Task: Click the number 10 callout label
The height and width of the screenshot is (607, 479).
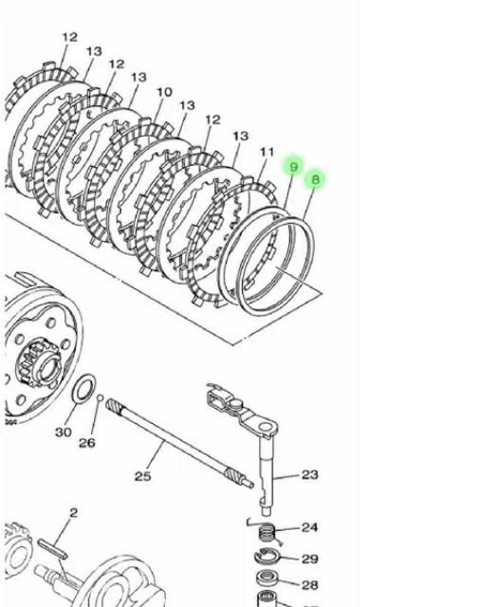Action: [x=165, y=92]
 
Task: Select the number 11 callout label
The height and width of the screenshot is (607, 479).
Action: [x=267, y=152]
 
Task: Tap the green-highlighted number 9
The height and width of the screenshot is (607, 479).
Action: [x=294, y=167]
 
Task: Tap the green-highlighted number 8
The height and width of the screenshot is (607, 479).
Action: [x=316, y=178]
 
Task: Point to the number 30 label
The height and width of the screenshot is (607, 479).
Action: [x=63, y=432]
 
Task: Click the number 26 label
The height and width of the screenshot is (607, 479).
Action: [x=87, y=442]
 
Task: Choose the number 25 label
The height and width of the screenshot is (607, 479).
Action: [x=142, y=475]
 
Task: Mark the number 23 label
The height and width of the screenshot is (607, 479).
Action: [x=310, y=474]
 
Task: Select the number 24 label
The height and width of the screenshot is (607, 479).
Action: [x=310, y=527]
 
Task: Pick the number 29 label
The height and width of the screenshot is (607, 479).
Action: [x=310, y=559]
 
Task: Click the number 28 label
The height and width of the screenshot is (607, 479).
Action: [x=310, y=585]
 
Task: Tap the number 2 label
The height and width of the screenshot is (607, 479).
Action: [x=73, y=513]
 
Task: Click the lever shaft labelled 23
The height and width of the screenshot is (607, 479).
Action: [x=265, y=465]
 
